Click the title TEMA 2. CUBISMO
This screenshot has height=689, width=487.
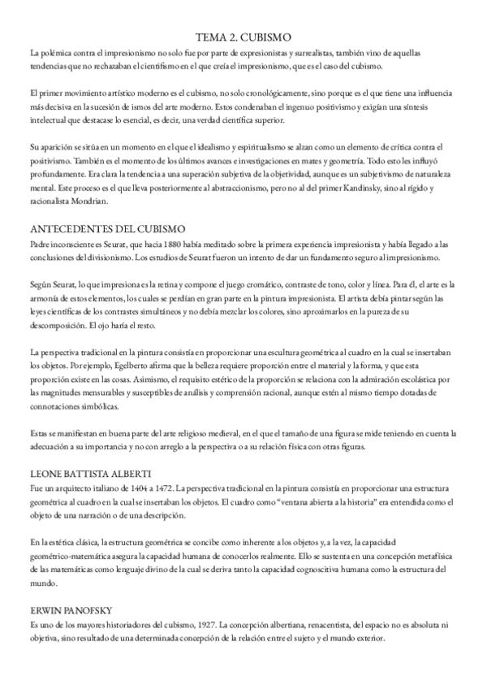[x=243, y=37]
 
